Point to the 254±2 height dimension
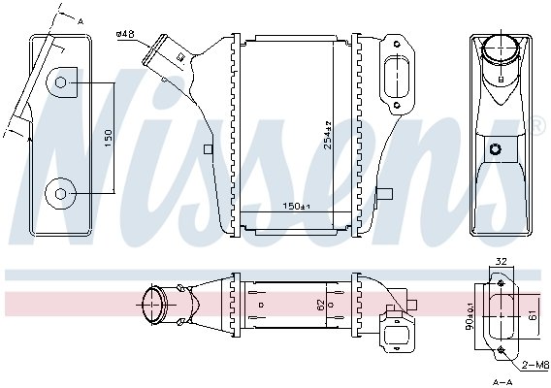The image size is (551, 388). tap(329, 143)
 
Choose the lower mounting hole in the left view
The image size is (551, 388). tap(60, 194)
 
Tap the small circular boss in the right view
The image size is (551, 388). tap(497, 149)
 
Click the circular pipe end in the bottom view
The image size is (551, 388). tap(153, 305)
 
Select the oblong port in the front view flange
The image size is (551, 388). tap(395, 75)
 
